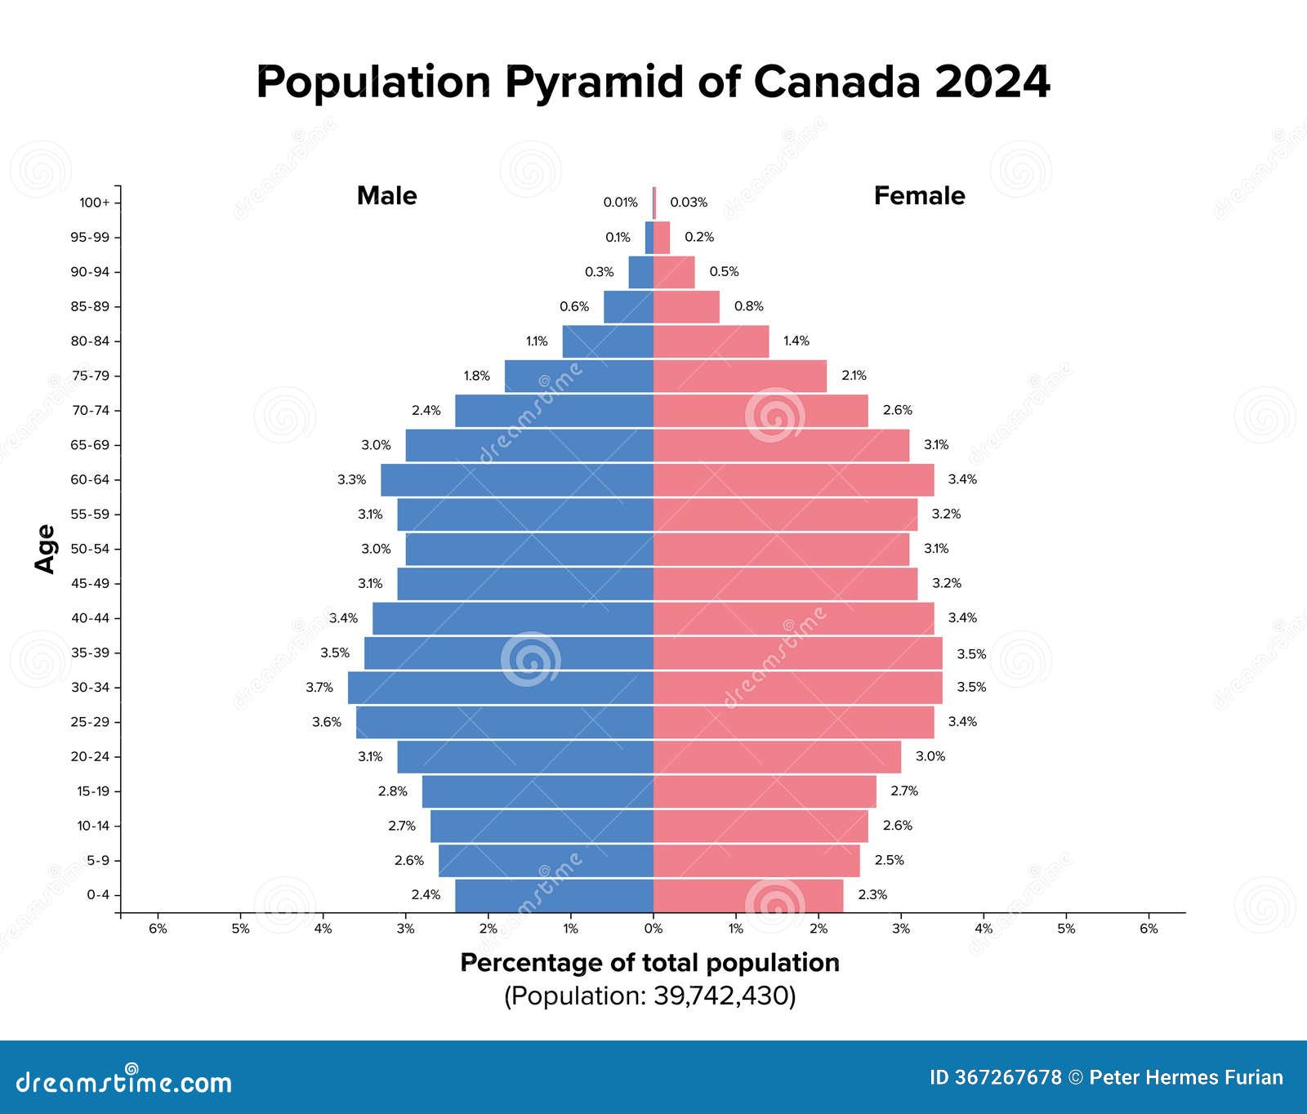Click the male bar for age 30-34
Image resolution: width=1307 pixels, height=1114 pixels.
click(x=500, y=688)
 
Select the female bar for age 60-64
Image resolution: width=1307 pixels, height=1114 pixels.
click(x=793, y=480)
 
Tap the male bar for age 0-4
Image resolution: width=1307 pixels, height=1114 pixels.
click(x=554, y=895)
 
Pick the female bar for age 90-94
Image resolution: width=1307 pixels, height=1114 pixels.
click(x=674, y=272)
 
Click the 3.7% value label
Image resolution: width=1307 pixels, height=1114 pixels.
click(x=319, y=688)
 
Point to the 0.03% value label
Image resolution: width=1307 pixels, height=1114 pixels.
click(x=689, y=203)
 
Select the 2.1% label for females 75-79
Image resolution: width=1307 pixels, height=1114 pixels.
click(x=854, y=376)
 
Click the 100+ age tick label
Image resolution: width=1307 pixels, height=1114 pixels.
click(x=94, y=203)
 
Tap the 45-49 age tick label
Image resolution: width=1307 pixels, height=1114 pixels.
click(x=90, y=584)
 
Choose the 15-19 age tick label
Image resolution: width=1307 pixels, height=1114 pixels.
click(x=92, y=791)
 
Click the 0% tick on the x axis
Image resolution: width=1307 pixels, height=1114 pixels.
click(x=653, y=929)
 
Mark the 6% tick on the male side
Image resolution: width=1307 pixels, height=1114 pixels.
click(x=158, y=929)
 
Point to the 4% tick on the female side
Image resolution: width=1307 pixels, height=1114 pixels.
click(x=984, y=929)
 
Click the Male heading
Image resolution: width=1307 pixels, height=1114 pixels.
click(x=386, y=196)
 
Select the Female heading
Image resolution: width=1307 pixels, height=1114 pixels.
click(x=919, y=196)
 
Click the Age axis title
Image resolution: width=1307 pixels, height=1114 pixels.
click(x=46, y=549)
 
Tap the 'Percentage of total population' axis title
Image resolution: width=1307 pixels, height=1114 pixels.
click(x=649, y=963)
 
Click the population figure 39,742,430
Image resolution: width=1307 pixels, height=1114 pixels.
click(x=721, y=996)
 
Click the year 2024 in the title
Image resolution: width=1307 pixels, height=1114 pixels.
click(x=992, y=82)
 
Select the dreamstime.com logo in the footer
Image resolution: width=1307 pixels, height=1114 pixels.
click(x=123, y=1081)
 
